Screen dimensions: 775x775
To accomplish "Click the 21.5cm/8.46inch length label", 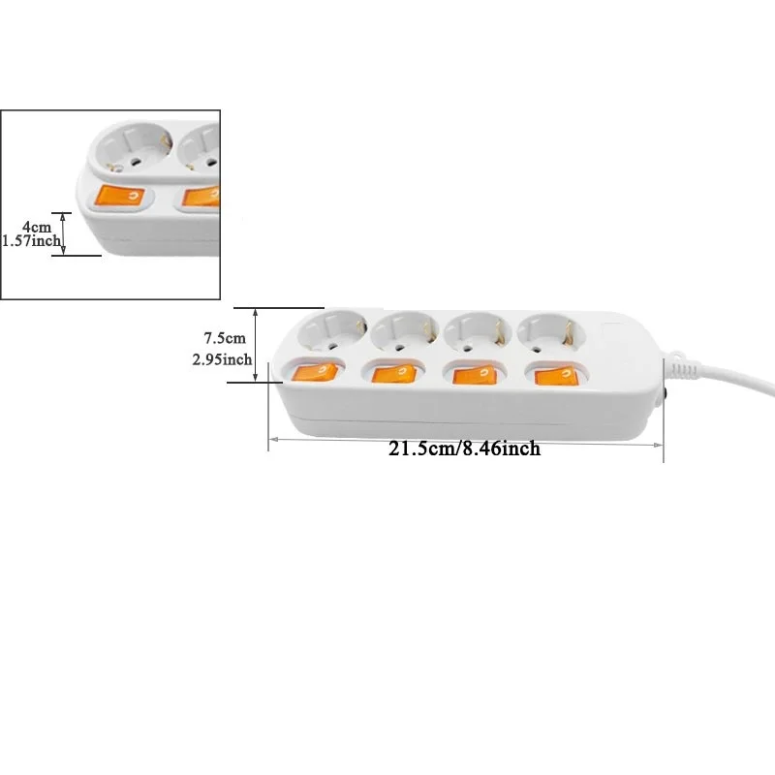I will [465, 449].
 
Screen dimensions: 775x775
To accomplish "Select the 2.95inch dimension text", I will [222, 359].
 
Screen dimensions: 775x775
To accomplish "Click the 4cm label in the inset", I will [37, 226].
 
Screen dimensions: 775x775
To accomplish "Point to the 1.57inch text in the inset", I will [31, 240].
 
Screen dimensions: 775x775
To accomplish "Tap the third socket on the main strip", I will [475, 332].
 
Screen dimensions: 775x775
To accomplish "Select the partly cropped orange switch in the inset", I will [200, 198].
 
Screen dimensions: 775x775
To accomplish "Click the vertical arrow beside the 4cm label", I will [63, 233].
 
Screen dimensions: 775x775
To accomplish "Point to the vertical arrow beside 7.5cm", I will [256, 345].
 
